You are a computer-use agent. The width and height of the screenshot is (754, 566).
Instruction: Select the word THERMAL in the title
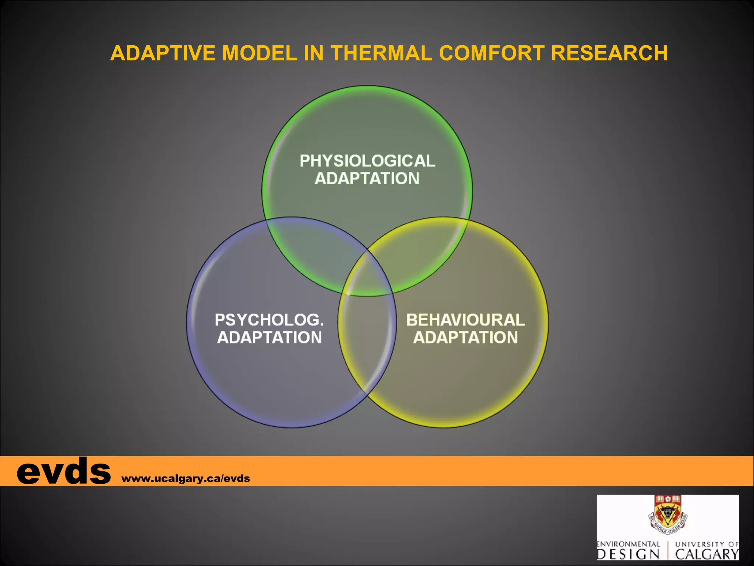coord(381,53)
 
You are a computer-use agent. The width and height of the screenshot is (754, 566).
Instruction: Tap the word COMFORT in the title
coord(491,53)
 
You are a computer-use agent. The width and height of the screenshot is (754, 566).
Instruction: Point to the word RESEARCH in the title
coord(609,53)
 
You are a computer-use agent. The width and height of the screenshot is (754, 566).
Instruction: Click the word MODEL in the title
coord(260,53)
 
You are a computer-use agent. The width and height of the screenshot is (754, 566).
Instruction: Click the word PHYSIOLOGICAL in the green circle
coord(367,161)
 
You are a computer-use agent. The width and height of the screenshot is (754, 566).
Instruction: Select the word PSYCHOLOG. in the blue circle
coord(269,320)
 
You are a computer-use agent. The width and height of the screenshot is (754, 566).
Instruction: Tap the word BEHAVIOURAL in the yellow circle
coord(465,320)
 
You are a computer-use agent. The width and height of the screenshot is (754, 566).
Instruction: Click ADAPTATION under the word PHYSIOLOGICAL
coord(367,179)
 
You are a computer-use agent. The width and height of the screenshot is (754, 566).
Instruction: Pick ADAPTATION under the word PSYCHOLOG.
coord(269,338)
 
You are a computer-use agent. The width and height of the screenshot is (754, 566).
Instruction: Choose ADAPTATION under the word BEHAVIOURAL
coord(465,338)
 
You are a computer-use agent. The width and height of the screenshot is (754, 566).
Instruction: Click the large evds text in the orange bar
coord(63,471)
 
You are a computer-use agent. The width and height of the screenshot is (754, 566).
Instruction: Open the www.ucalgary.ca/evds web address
coord(186,479)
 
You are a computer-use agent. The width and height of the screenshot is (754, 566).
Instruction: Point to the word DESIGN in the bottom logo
coord(628,554)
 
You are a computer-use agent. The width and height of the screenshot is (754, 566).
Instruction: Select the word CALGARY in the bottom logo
coord(707,554)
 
